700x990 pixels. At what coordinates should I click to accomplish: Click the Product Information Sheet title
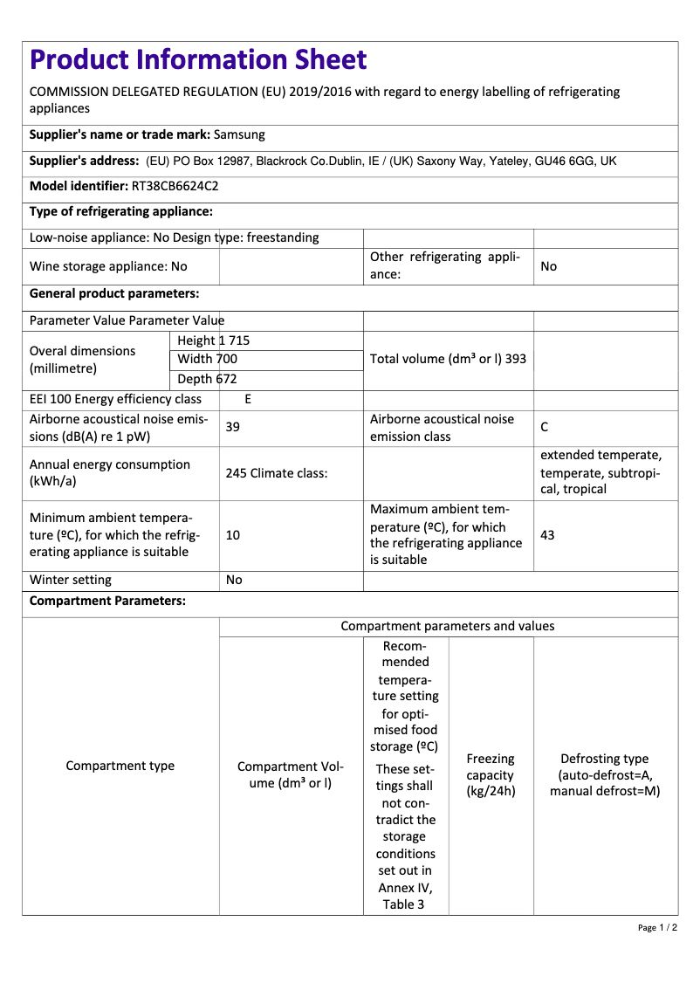click(x=198, y=59)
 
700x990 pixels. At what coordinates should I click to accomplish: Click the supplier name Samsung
click(x=239, y=135)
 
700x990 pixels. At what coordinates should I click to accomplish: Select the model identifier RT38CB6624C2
click(x=175, y=186)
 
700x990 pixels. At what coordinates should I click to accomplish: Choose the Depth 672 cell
click(x=207, y=379)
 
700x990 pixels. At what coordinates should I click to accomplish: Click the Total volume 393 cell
click(x=448, y=359)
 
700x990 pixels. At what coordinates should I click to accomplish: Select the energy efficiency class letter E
click(x=248, y=400)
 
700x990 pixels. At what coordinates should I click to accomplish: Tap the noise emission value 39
click(x=233, y=427)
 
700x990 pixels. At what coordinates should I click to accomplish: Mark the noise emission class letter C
click(x=545, y=427)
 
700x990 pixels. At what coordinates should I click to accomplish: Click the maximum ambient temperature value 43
click(x=548, y=534)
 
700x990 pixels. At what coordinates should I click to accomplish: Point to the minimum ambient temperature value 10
click(x=233, y=534)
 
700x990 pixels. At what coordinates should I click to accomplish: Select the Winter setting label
click(x=71, y=580)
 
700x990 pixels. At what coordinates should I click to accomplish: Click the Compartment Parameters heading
click(x=107, y=602)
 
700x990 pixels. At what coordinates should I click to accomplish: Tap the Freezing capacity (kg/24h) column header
click(x=491, y=774)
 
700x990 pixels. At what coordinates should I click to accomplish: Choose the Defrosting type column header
click(x=605, y=774)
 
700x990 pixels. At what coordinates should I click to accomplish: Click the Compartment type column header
click(x=120, y=766)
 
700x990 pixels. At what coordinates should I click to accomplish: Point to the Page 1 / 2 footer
click(x=657, y=927)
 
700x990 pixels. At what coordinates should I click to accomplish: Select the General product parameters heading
click(x=114, y=293)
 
